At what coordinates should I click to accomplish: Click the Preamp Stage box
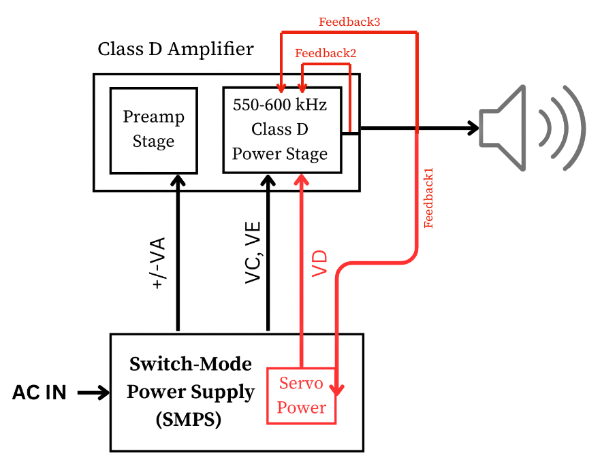[153, 129]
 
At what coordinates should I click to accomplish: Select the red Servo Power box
[301, 395]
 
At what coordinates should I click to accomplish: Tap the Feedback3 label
[349, 22]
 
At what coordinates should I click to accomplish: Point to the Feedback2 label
[325, 52]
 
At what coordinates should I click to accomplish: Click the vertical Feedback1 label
[429, 197]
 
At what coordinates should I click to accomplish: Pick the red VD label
[319, 264]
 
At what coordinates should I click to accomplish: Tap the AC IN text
[39, 392]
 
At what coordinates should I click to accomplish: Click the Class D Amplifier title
[176, 50]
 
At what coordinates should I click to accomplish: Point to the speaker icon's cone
[504, 128]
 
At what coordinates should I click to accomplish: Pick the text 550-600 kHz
[280, 105]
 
